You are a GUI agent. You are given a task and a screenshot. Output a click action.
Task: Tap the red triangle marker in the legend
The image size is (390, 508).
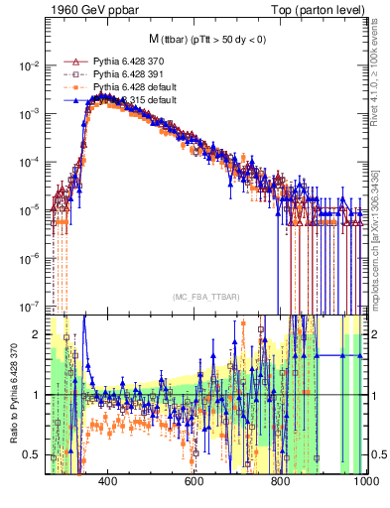71,61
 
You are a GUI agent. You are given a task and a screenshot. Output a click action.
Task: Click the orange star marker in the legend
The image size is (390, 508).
71,87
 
